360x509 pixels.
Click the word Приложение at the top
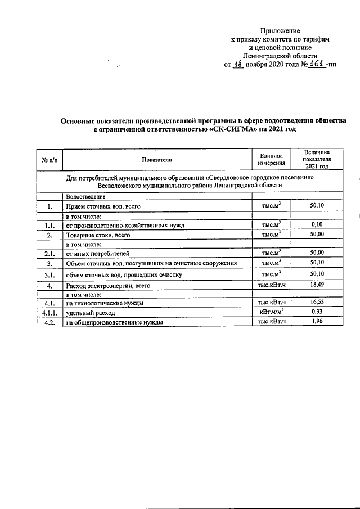click(280, 30)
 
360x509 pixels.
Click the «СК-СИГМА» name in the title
click(233, 129)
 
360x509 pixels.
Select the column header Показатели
click(157, 160)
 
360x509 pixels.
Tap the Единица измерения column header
click(271, 160)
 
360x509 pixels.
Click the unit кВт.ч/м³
click(271, 312)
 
